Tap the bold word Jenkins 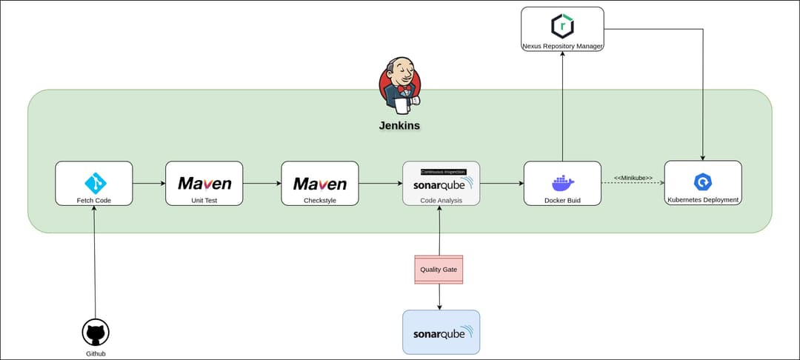[400, 125]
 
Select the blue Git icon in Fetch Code [94, 181]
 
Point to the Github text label [96, 353]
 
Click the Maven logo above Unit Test [204, 183]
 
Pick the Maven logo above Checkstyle [319, 183]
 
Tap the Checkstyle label [319, 200]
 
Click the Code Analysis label [441, 200]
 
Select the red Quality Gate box [439, 269]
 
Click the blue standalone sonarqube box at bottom [441, 332]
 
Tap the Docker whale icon [562, 183]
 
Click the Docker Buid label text [562, 200]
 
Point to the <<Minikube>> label [633, 178]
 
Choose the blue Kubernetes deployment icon [702, 181]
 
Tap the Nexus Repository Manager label [562, 46]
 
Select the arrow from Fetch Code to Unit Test [149, 183]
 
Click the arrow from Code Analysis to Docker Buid [501, 183]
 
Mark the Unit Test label [204, 200]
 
